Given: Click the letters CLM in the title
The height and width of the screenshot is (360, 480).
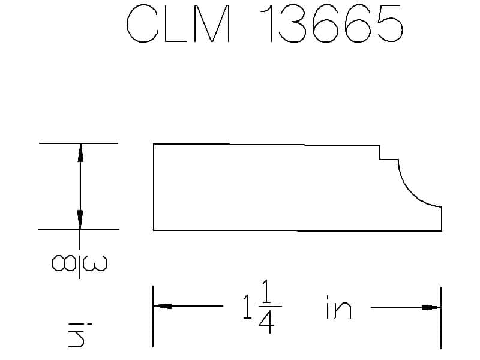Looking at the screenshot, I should (x=178, y=25).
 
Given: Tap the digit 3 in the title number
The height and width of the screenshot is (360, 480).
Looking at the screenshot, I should (x=296, y=25).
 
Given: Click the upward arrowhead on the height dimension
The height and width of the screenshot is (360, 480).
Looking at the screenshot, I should (x=80, y=153).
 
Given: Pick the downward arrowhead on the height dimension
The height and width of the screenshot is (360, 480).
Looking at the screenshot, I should (x=80, y=220).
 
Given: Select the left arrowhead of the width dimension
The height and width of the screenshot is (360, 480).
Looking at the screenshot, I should (x=162, y=306).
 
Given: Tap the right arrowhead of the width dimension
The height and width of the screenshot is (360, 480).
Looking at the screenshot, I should (x=431, y=307).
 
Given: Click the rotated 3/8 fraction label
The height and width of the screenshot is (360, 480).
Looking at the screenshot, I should (x=80, y=263).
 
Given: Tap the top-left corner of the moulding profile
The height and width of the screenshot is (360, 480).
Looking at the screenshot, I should (x=154, y=145).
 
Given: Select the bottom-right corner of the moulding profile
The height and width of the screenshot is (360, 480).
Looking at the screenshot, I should (x=442, y=230).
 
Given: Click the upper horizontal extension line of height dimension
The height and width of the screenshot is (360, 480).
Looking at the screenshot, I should (x=78, y=143).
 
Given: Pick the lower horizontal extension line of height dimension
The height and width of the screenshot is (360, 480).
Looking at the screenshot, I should (x=78, y=229).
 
